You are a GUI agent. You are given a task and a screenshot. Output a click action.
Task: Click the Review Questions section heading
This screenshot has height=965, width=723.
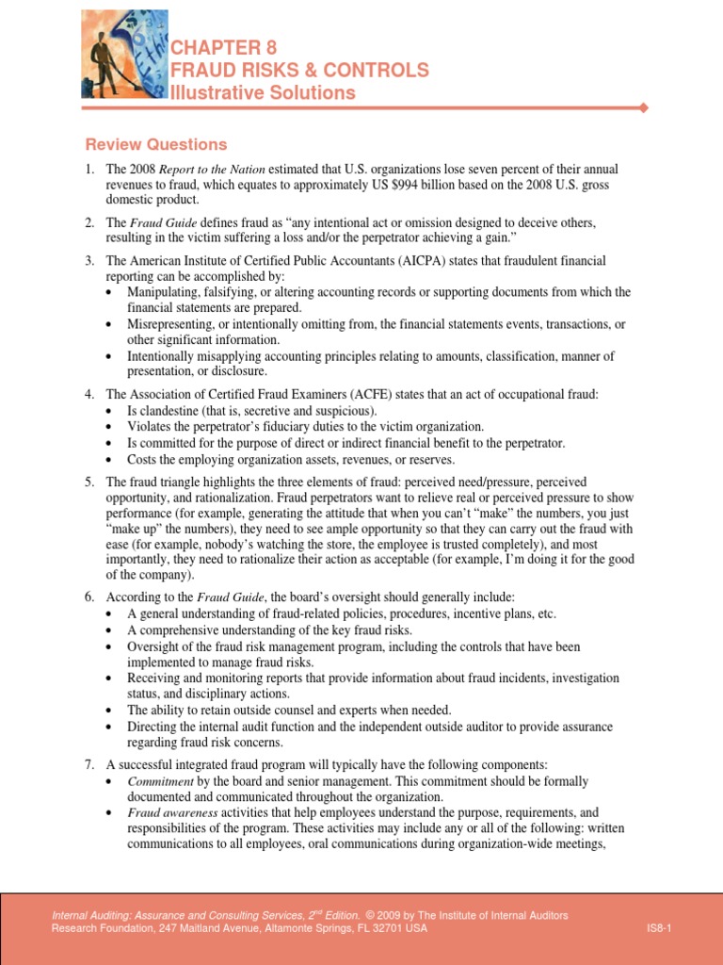[156, 144]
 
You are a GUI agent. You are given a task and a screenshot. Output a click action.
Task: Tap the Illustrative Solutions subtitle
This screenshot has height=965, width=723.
[262, 92]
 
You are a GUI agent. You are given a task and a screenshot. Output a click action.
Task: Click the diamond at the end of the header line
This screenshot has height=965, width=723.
[644, 108]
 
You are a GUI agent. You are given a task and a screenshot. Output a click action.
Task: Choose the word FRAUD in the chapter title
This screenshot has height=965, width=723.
[200, 70]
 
